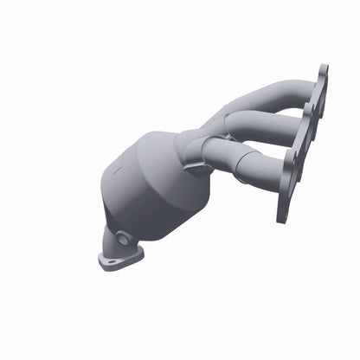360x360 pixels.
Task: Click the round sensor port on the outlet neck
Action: click(125, 238)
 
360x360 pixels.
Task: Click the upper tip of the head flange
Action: click(323, 72)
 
